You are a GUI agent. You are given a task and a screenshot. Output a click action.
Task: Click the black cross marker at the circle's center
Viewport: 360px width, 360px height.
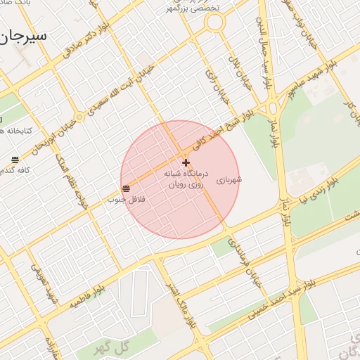click(x=186, y=162)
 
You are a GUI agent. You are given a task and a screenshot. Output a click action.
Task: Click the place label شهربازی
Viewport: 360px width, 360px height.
click(x=229, y=180)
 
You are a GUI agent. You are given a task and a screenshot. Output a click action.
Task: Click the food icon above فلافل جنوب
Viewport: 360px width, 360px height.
click(x=126, y=188)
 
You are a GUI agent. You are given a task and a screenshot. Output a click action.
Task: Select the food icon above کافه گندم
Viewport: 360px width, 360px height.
click(x=15, y=160)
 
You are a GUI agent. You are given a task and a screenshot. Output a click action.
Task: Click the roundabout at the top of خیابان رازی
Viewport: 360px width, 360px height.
click(x=214, y=22)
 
